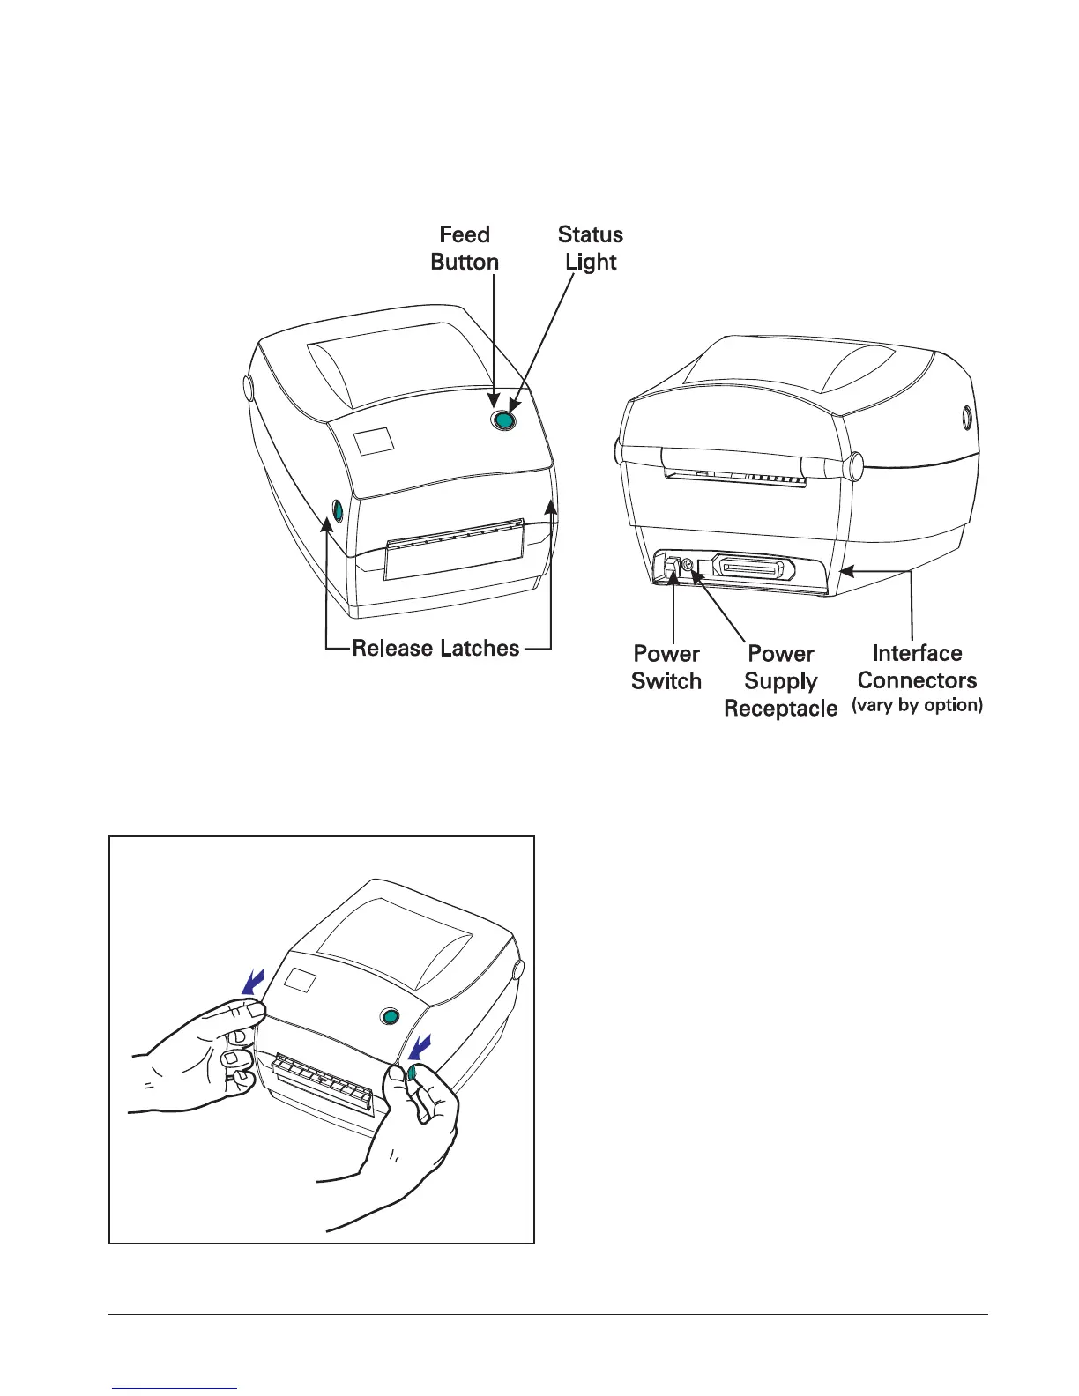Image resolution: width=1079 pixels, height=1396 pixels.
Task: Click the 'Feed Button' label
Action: [x=465, y=249]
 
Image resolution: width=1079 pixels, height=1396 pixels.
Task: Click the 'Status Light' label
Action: [x=591, y=249]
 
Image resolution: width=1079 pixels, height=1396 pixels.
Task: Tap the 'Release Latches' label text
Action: [x=435, y=649]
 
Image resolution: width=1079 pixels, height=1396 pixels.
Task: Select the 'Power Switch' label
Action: [x=666, y=667]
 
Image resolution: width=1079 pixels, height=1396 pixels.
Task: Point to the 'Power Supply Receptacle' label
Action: [x=780, y=680]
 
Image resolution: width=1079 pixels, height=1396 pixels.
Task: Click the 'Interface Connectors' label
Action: [x=917, y=666]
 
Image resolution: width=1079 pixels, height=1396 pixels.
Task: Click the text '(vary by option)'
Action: [x=917, y=705]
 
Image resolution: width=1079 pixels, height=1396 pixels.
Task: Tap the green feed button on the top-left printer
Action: [x=503, y=421]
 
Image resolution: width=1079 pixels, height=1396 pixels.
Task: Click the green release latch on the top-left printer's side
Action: [x=336, y=509]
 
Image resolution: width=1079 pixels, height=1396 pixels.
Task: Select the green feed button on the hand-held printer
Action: [x=389, y=1017]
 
